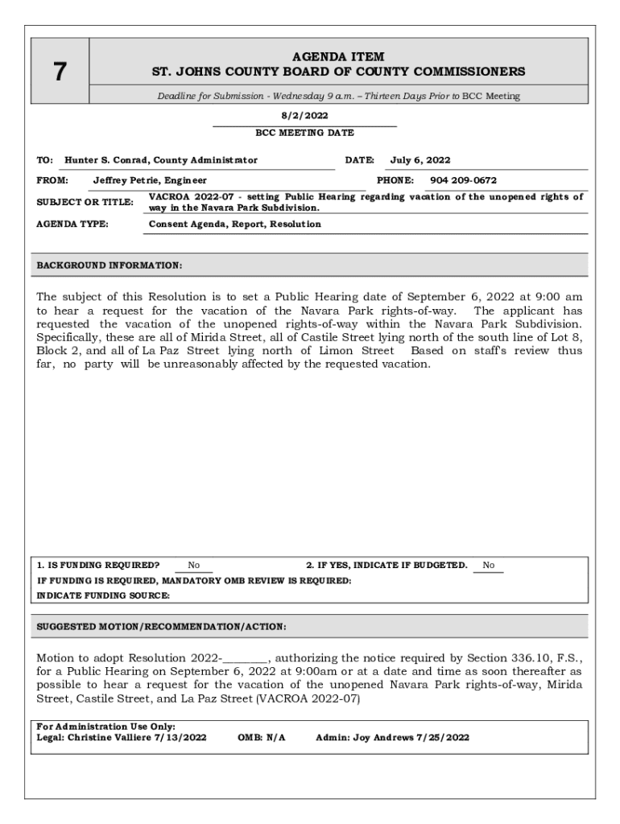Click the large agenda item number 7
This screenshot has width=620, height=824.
(x=60, y=72)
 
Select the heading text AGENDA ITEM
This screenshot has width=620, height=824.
(x=338, y=56)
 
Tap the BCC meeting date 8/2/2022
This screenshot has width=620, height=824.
(x=304, y=116)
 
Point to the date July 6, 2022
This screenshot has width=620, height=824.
(x=420, y=160)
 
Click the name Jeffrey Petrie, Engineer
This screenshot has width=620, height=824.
(x=150, y=180)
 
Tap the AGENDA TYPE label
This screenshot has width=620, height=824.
(x=72, y=224)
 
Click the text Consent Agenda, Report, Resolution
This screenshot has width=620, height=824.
(x=235, y=224)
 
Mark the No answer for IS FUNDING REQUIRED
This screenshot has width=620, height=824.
(x=194, y=565)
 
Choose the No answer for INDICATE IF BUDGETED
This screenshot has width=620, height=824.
(x=488, y=565)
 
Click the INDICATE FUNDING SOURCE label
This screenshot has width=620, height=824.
(x=104, y=595)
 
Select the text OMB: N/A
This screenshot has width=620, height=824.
(x=262, y=737)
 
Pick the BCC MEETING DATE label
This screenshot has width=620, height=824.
(x=304, y=133)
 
